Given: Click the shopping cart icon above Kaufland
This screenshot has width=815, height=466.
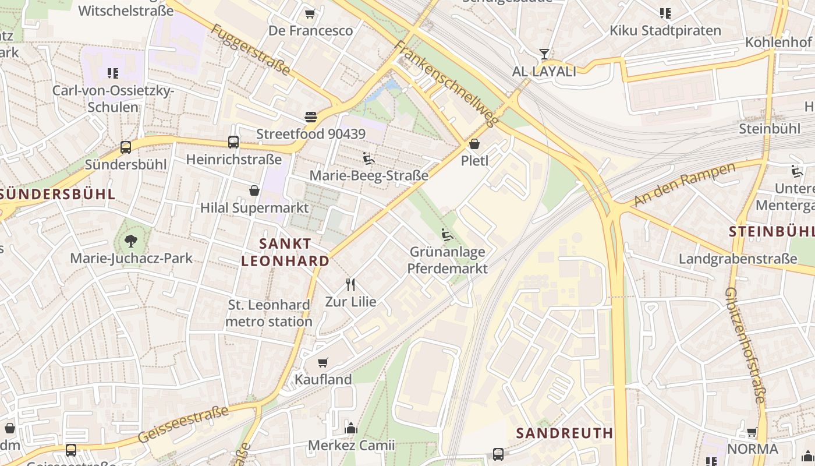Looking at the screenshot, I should (x=323, y=362).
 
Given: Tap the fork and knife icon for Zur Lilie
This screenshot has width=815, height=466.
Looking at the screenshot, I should (x=350, y=284).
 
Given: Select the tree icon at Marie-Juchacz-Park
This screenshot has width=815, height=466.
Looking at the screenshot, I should (x=131, y=240).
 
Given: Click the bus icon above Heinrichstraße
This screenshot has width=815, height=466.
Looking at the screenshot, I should (x=233, y=142).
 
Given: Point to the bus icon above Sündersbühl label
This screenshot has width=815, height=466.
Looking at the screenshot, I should (x=126, y=147).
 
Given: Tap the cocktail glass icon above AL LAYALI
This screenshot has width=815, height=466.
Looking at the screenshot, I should (x=544, y=54).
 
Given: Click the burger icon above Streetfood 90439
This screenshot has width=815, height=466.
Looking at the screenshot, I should (x=311, y=116).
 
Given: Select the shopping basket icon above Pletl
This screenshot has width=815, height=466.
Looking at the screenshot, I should (x=474, y=143).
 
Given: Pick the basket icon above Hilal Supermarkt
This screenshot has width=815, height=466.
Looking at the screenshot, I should (x=254, y=190).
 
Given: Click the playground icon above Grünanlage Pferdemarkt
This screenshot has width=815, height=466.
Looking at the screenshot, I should (x=447, y=235).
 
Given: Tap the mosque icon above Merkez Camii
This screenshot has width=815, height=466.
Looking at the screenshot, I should (x=351, y=428).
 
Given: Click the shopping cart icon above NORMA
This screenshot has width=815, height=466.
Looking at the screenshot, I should (x=752, y=432).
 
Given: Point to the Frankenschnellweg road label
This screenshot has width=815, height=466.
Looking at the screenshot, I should (x=447, y=83).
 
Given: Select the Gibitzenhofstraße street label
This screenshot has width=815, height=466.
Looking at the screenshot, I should (x=745, y=345).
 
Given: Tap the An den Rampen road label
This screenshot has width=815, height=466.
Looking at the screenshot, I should (x=685, y=184).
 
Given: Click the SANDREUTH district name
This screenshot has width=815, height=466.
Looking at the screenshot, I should (x=565, y=433).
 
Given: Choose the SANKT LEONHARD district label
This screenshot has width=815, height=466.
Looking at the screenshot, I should (x=285, y=252).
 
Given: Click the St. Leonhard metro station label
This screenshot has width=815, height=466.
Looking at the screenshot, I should (x=269, y=313).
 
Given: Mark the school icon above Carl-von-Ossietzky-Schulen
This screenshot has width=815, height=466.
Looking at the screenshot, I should (x=113, y=73).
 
